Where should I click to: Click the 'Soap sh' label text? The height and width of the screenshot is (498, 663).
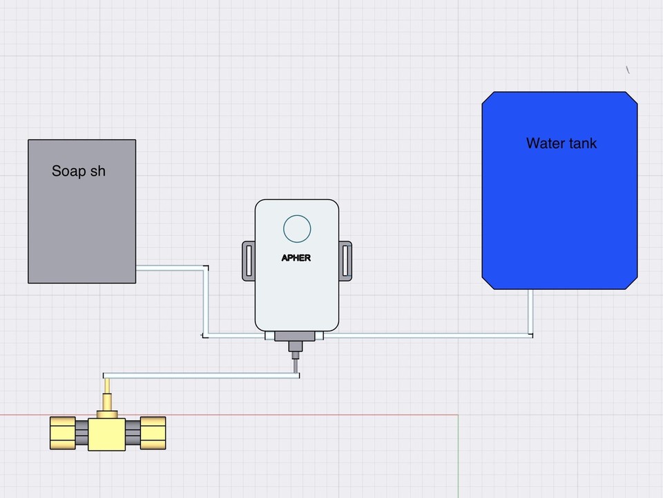coord(79,171)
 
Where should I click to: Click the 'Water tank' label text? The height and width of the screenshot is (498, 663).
coord(561,143)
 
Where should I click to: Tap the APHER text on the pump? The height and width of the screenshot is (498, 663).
coord(297,258)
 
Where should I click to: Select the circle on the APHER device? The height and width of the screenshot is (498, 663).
coord(298,228)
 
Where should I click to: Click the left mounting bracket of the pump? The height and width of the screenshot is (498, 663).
coord(248,261)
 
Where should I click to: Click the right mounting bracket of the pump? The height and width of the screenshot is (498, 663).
coord(345,261)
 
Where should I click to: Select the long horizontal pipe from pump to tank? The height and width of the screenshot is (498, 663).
coord(428,335)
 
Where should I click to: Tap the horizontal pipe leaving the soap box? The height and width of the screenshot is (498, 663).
coord(169,267)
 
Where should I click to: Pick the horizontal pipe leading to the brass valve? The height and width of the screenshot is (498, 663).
coord(200,376)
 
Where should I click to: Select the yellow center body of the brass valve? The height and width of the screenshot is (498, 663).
coord(107,432)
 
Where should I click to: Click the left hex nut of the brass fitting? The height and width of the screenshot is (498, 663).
coord(62,433)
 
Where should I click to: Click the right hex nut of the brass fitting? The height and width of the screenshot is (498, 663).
coord(153,433)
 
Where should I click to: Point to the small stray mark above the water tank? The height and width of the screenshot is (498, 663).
coord(628,69)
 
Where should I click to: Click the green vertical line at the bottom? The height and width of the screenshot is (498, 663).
coord(459,456)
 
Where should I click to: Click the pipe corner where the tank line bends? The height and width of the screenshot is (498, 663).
coord(530,335)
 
